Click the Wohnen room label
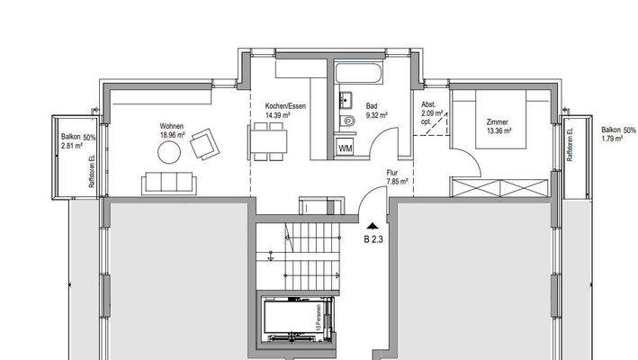click(172, 125)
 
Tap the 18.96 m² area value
click(172, 134)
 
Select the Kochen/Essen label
click(277, 106)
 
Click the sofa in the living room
click(167, 184)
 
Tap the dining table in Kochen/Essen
click(269, 140)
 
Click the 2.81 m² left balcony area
click(71, 144)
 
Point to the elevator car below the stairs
click(289, 318)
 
